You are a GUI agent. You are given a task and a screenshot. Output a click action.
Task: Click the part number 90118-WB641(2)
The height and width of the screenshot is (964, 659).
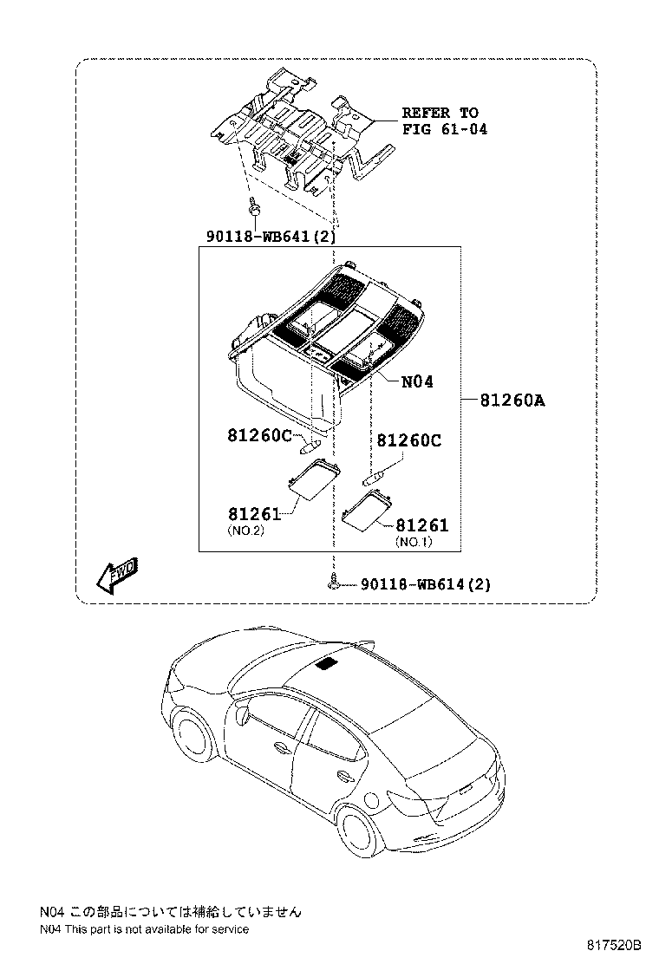[x=271, y=236]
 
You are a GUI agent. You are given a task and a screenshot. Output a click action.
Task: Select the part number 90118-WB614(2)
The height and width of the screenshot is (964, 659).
[x=426, y=584]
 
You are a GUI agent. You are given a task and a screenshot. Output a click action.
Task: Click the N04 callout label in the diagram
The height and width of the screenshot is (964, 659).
[x=417, y=381]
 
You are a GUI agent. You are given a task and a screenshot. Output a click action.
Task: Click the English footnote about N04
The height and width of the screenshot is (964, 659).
[x=144, y=929]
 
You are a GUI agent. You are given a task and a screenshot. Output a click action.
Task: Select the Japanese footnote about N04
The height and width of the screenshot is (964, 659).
[x=170, y=911]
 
